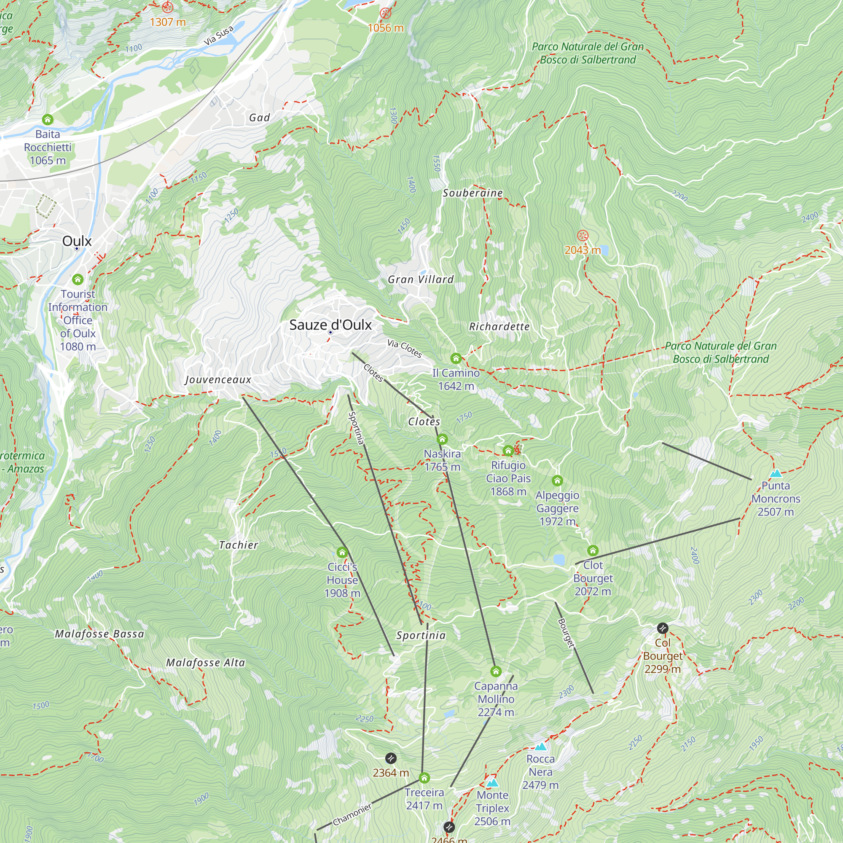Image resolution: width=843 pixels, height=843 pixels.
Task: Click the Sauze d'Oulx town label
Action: (330, 325)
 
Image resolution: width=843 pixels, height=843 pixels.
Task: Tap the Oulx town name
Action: (77, 241)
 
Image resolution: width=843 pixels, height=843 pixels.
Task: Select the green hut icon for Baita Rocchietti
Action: (48, 119)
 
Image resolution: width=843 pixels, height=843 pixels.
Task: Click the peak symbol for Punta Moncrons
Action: (776, 473)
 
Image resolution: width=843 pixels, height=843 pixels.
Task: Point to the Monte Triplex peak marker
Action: (492, 783)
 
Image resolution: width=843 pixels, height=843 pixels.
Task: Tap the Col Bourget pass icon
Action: (662, 628)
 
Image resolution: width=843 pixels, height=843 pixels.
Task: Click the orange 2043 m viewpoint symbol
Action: (583, 236)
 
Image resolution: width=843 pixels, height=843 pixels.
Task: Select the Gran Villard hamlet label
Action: (421, 280)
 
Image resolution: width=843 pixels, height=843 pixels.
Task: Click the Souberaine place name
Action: (473, 193)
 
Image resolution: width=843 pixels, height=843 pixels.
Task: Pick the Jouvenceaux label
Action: (218, 380)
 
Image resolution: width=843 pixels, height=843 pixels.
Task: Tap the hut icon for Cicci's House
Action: (342, 553)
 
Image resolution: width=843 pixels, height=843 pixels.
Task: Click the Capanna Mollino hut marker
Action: (496, 671)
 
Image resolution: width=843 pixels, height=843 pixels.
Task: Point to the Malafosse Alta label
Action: (206, 663)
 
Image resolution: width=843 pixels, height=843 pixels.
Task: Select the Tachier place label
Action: (238, 545)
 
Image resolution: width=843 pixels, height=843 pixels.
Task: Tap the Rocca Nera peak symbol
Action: (541, 746)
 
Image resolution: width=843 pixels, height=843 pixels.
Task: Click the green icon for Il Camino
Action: (456, 358)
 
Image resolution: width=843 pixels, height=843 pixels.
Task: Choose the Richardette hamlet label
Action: (499, 326)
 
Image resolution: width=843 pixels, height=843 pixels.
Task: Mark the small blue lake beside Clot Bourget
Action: (558, 559)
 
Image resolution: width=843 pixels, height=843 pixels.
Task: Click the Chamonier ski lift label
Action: (352, 815)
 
